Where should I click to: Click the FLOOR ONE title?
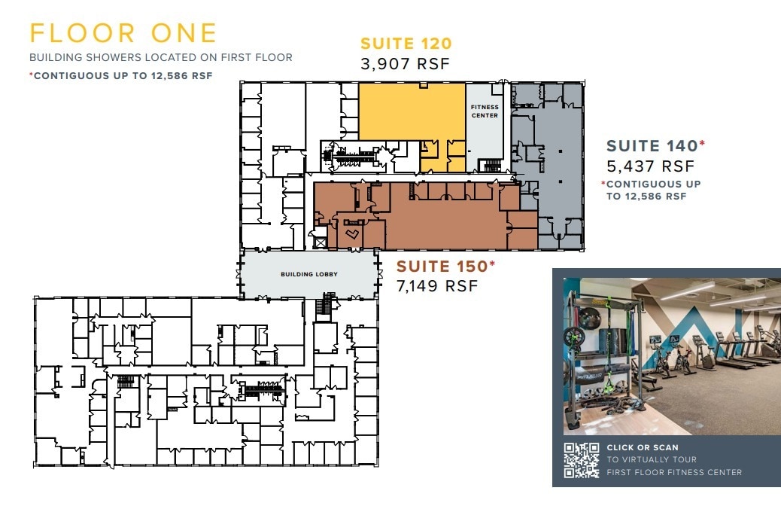click(x=123, y=34)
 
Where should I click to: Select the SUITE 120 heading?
click(x=406, y=44)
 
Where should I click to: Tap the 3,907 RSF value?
click(x=405, y=64)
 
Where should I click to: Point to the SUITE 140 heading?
click(x=652, y=146)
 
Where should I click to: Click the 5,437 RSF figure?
click(x=650, y=166)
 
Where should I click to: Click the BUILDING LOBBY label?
click(x=308, y=274)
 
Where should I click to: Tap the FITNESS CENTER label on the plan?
click(x=485, y=111)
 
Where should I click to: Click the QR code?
click(x=582, y=460)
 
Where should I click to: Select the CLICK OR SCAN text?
click(x=643, y=447)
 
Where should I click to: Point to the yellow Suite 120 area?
click(x=410, y=111)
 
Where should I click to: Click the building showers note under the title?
click(x=160, y=57)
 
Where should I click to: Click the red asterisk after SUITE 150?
click(x=493, y=263)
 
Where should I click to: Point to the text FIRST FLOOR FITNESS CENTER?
click(x=674, y=472)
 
